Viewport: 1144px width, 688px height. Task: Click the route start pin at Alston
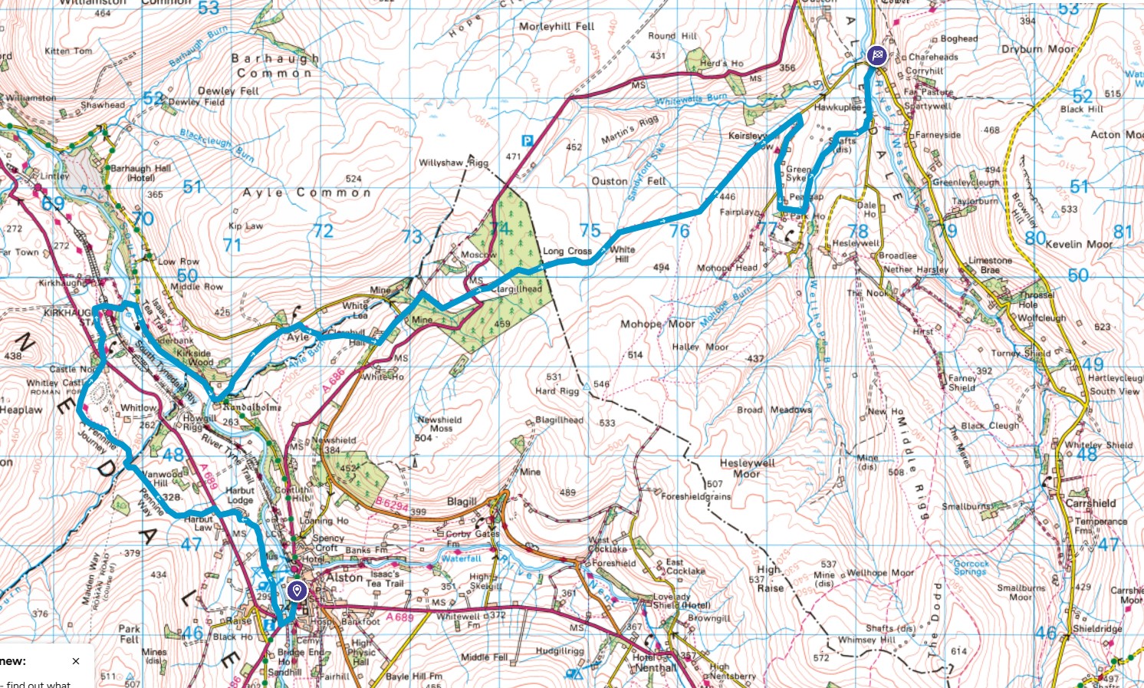(297, 591)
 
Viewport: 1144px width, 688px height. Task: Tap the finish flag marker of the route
(876, 55)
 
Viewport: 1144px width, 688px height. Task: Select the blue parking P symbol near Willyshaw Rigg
(527, 140)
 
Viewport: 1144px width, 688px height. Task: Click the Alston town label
(345, 578)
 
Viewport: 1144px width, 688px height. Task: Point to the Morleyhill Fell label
(557, 26)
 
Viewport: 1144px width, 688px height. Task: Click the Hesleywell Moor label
(748, 468)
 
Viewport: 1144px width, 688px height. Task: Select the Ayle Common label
(307, 193)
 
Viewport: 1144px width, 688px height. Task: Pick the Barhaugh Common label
(274, 65)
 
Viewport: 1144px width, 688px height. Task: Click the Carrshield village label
(1090, 503)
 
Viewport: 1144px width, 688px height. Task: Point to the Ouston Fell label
(629, 181)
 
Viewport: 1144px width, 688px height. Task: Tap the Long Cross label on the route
(567, 251)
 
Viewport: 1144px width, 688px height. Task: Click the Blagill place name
(462, 502)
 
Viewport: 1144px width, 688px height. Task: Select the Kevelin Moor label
(1079, 244)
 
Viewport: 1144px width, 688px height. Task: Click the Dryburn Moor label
(1039, 49)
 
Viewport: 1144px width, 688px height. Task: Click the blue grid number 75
(590, 230)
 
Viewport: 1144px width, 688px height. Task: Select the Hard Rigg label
(557, 390)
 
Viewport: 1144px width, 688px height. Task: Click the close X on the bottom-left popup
(76, 661)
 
